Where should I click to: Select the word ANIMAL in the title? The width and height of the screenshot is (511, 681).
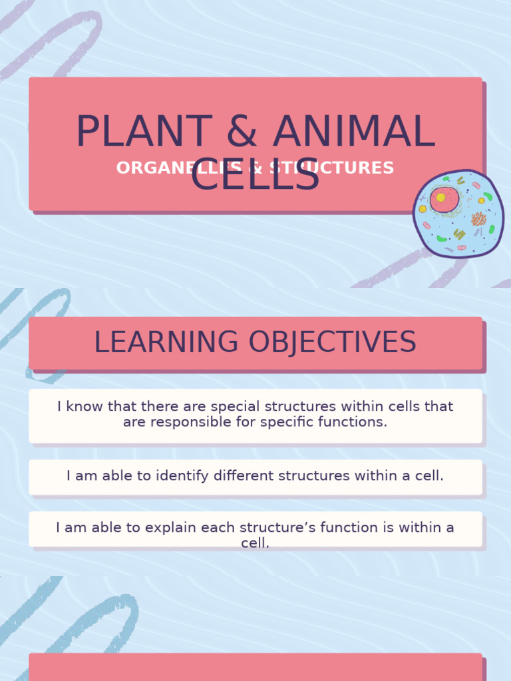point(353,132)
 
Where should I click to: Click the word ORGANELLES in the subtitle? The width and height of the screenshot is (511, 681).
point(171,168)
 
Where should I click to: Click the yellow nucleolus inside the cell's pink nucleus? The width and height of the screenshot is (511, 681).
point(440,198)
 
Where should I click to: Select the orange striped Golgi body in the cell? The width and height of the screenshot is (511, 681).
point(478,219)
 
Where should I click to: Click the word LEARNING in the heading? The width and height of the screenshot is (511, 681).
point(166,342)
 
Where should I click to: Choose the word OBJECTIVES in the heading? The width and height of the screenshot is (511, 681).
point(333,342)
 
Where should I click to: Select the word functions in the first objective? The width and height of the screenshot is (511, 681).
point(353,422)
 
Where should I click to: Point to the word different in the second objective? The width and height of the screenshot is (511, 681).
point(242,476)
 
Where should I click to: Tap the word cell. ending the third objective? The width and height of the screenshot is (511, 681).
point(255,543)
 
